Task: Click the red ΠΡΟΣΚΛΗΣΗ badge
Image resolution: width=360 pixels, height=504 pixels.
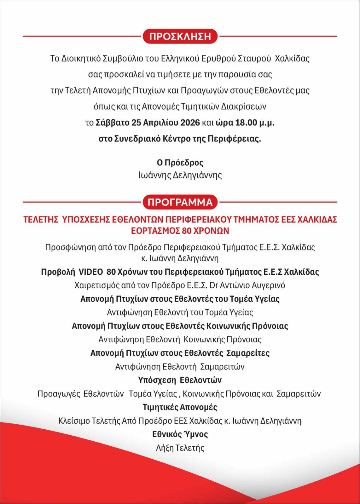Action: click(x=180, y=36)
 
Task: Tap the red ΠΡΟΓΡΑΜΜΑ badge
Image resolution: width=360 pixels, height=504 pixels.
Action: click(x=180, y=202)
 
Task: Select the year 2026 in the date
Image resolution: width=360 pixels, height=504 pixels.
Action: click(x=190, y=123)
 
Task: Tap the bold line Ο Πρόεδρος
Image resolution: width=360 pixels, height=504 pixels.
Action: click(x=180, y=163)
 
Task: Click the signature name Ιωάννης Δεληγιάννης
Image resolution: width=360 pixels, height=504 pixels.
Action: click(x=180, y=175)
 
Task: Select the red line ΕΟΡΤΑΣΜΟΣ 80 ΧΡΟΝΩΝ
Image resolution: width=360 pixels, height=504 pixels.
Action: click(x=180, y=231)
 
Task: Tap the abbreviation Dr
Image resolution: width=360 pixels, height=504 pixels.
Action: click(x=214, y=285)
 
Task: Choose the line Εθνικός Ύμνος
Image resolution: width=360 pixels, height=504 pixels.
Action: click(x=180, y=434)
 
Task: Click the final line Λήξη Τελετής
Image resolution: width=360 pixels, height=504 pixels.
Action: click(x=180, y=448)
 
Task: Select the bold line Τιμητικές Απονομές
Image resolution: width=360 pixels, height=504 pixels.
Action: click(x=180, y=407)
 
